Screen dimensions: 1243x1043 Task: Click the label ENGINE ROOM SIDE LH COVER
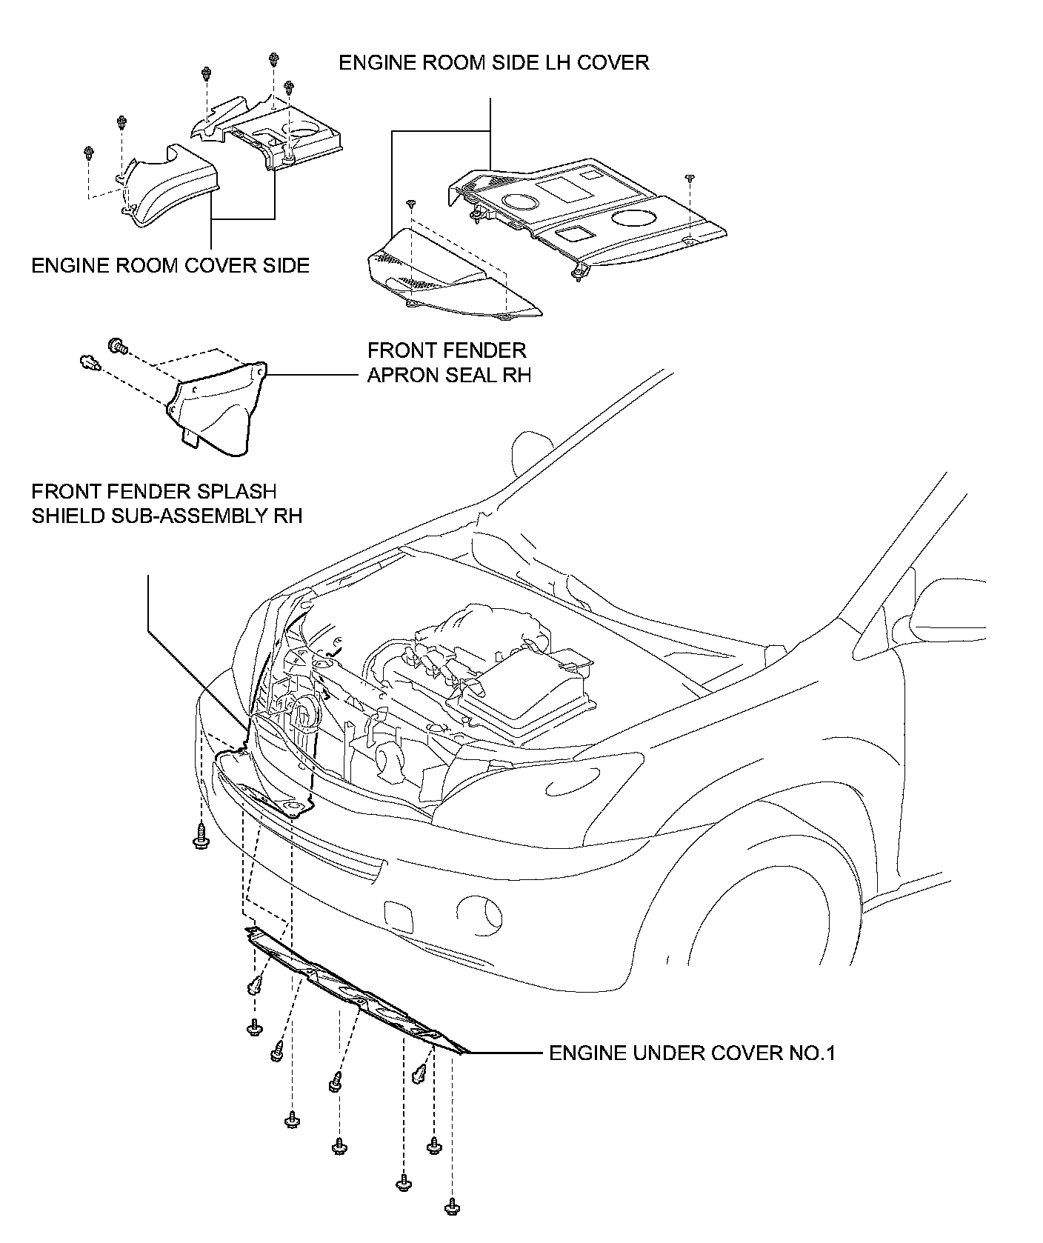coord(493,62)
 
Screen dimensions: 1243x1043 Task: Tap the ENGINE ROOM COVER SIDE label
coord(170,265)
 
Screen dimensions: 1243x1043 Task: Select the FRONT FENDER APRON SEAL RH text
coord(449,362)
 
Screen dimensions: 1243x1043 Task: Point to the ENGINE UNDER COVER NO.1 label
coord(692,1053)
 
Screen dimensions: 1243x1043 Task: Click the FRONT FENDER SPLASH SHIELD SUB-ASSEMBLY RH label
coord(167,503)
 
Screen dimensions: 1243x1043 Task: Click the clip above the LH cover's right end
coord(690,178)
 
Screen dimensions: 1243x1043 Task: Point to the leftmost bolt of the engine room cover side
coord(89,153)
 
